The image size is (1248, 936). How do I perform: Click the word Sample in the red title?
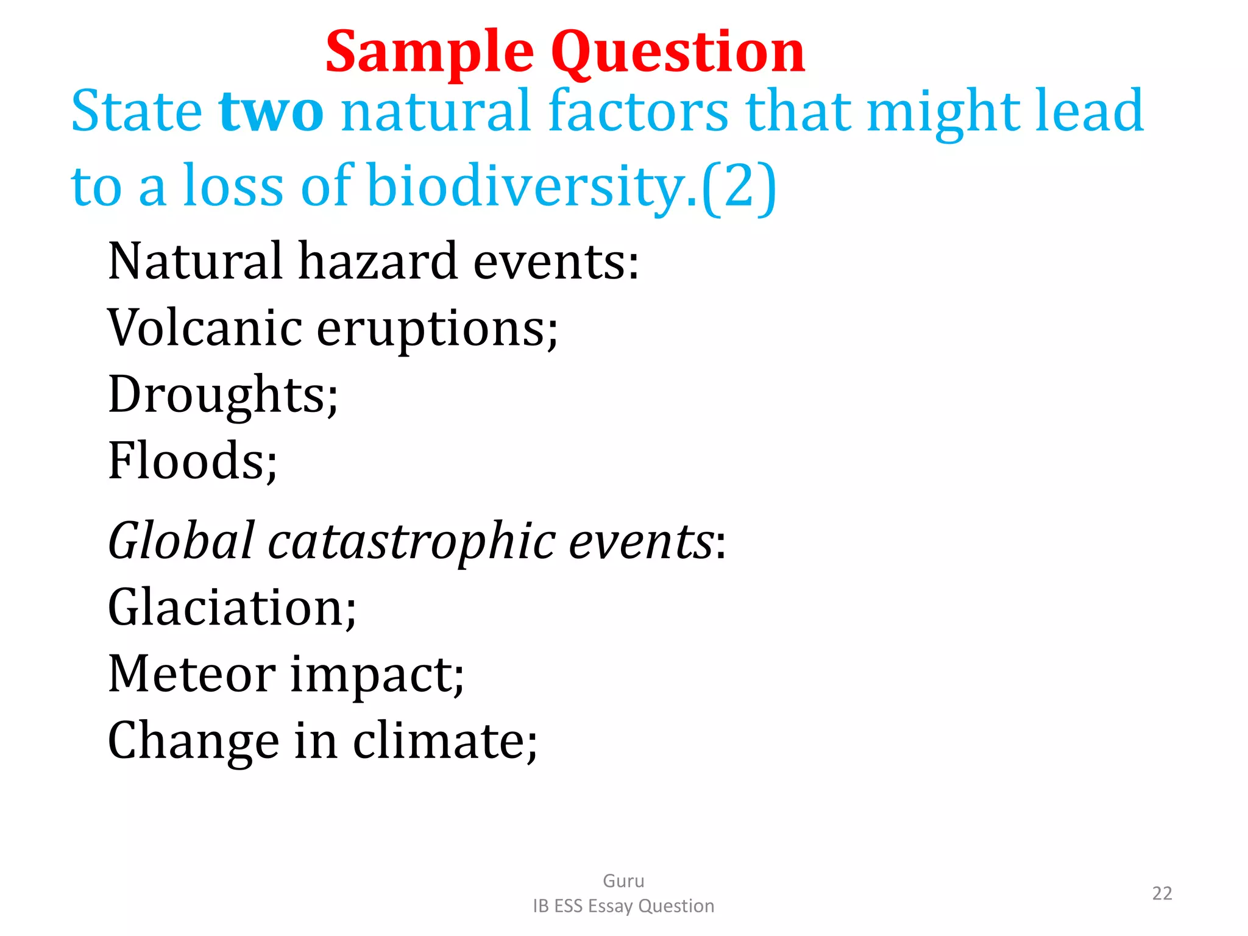pos(430,54)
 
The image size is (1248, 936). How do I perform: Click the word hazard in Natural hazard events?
pos(377,261)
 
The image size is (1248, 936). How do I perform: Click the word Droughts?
pos(222,395)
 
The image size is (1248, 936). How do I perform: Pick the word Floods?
pos(192,461)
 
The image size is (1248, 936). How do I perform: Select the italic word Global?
pos(180,541)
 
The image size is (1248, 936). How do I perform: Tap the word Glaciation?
pos(232,608)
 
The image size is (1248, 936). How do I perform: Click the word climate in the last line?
pos(445,742)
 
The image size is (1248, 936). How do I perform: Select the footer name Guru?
pos(623,881)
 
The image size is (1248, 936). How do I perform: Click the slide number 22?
pos(1161,893)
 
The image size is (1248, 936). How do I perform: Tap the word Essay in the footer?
pos(611,907)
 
